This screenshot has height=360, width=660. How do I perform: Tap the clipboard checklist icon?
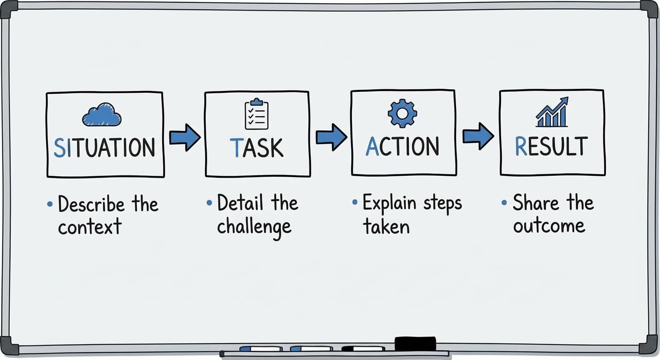click(x=256, y=114)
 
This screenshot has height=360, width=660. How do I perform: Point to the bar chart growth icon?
click(x=552, y=113)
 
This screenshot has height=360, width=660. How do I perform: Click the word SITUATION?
click(x=105, y=147)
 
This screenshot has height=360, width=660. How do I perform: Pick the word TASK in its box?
click(x=256, y=147)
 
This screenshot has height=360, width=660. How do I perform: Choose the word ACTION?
click(x=402, y=146)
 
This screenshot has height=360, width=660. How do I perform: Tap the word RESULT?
click(x=551, y=146)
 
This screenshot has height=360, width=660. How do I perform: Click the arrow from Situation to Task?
click(x=184, y=137)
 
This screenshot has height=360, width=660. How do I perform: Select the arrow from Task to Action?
click(x=331, y=137)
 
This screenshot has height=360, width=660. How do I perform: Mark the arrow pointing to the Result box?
click(x=478, y=136)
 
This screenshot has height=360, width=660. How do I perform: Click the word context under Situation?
click(x=90, y=227)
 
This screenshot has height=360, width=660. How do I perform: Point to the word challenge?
click(x=254, y=227)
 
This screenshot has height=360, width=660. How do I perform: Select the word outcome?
click(x=549, y=226)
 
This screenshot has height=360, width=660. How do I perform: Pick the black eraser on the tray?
click(x=415, y=344)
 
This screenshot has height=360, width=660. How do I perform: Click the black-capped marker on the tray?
click(x=363, y=349)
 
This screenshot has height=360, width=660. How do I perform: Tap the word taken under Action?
click(x=386, y=227)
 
